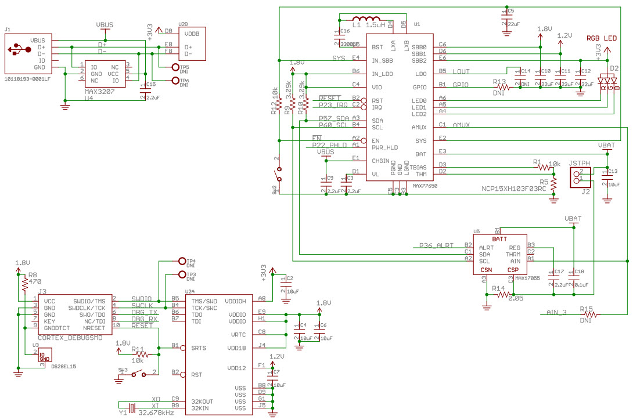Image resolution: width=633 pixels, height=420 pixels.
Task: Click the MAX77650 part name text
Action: [x=425, y=186]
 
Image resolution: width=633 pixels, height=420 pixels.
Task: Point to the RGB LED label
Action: [x=602, y=38]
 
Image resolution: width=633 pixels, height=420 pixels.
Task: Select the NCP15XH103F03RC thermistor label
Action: [x=513, y=189]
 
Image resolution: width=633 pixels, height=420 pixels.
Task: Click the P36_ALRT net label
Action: [x=436, y=245]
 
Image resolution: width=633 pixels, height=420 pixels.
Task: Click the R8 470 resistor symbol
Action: [x=24, y=284]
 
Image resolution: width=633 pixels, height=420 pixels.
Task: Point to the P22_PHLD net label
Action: [x=329, y=144]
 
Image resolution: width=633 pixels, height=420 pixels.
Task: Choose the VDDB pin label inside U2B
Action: [x=192, y=34]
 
